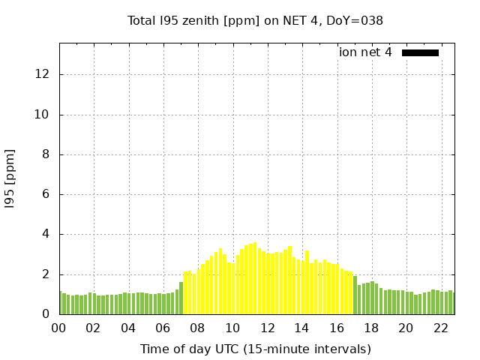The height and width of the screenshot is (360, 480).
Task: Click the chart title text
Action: tap(255, 21)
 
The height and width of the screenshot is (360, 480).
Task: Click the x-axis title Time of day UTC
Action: tap(255, 349)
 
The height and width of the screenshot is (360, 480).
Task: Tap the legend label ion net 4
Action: tap(365, 52)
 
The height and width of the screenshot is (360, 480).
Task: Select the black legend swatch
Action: tap(420, 52)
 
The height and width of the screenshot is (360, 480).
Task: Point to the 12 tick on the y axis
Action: tap(43, 75)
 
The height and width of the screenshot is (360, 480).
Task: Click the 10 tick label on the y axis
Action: tap(43, 115)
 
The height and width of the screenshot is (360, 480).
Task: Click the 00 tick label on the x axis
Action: tap(59, 328)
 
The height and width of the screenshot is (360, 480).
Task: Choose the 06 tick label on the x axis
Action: tap(163, 328)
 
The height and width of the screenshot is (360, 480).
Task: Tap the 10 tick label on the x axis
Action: tap(232, 328)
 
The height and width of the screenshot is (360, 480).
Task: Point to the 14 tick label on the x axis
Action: tap(301, 328)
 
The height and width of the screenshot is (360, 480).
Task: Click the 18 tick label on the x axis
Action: tap(371, 328)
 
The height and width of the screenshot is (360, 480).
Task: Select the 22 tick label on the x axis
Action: tap(440, 328)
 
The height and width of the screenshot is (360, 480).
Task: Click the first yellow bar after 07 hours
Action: tap(186, 293)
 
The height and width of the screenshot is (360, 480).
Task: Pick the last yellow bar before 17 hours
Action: tap(350, 293)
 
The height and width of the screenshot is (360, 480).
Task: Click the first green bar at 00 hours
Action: tap(61, 303)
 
